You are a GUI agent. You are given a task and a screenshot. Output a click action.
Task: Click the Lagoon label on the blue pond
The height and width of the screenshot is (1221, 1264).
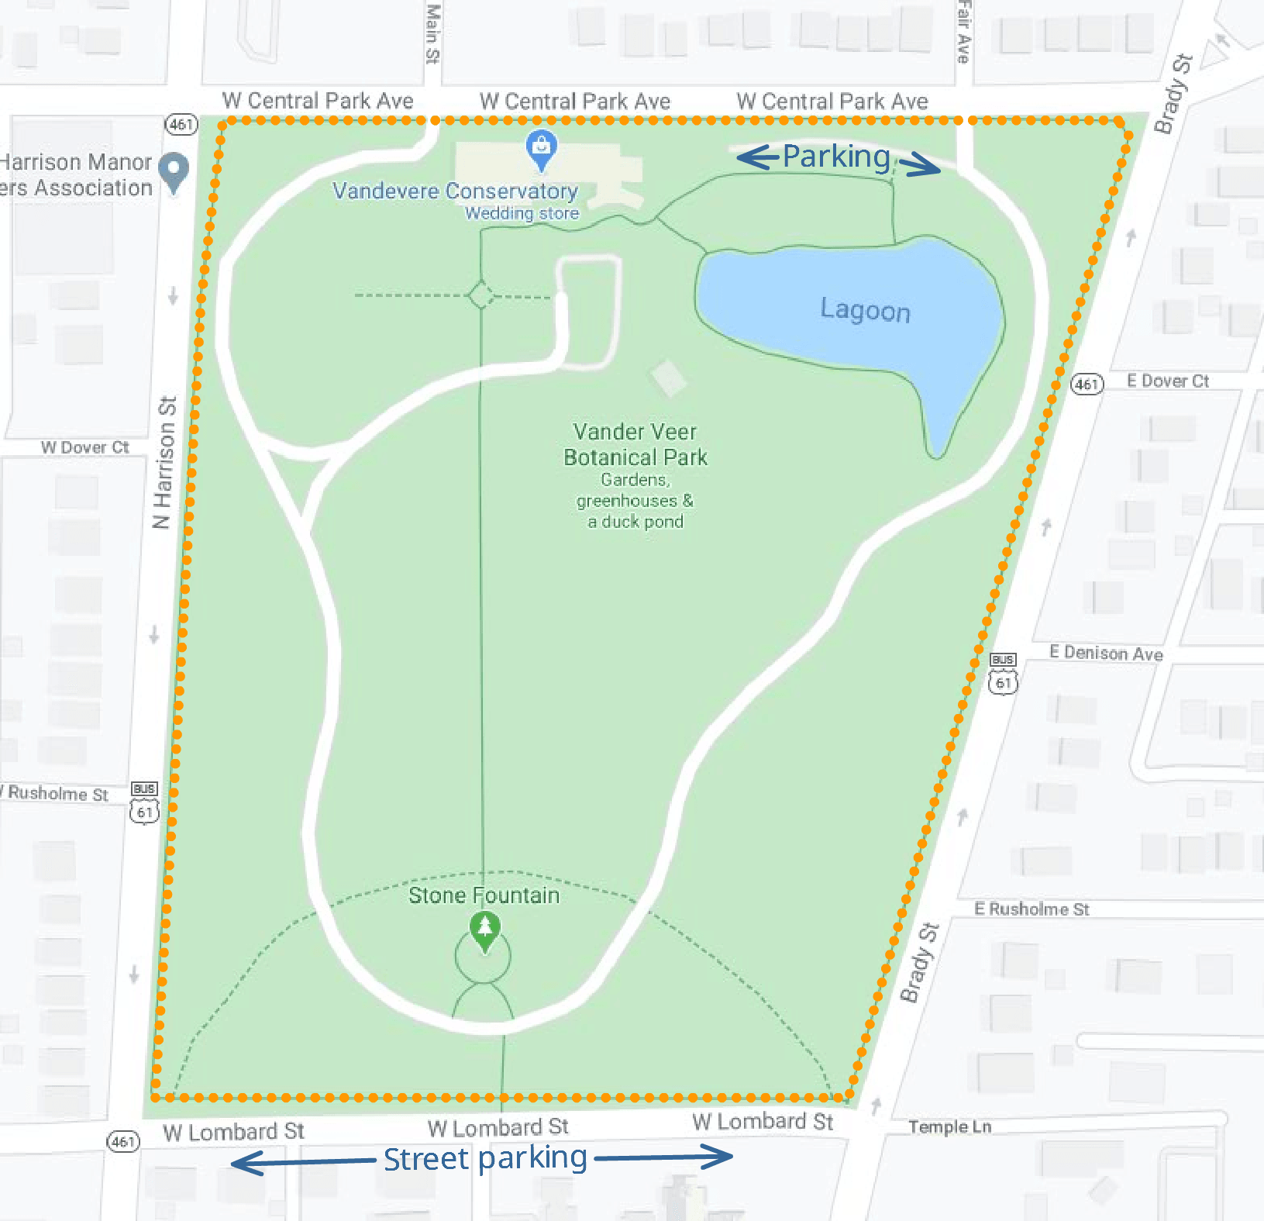[865, 310]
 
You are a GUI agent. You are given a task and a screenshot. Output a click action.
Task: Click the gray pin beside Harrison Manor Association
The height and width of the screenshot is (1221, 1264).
[174, 171]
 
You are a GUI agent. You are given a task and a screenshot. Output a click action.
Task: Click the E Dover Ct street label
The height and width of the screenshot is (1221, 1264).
[1167, 381]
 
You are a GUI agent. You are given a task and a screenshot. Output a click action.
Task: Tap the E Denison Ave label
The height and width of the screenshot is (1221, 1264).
[1106, 653]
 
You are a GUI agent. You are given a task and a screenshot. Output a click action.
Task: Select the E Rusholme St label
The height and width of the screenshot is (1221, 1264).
[1032, 909]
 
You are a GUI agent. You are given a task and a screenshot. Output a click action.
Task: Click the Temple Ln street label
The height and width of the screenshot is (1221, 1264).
[949, 1126]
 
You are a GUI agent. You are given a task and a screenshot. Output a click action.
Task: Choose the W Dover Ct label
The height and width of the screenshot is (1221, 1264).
[84, 447]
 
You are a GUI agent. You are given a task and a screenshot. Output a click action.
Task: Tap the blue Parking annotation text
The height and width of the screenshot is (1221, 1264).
[836, 157]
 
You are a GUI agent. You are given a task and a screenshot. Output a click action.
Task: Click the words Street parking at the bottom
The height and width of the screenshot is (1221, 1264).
[485, 1158]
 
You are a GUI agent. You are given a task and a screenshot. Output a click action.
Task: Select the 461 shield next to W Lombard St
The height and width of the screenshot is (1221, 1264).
[123, 1141]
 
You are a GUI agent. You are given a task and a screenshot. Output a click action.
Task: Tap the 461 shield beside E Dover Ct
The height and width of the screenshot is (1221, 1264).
[1087, 384]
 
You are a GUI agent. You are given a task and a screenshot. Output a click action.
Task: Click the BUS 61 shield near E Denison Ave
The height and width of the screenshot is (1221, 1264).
[1003, 674]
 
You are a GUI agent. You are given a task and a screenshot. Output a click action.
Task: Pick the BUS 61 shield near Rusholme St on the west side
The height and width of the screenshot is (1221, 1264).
[145, 803]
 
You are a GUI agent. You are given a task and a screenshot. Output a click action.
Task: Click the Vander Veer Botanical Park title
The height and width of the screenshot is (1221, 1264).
[635, 444]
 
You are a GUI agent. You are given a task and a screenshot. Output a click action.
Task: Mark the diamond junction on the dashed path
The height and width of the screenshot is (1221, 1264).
[481, 295]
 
